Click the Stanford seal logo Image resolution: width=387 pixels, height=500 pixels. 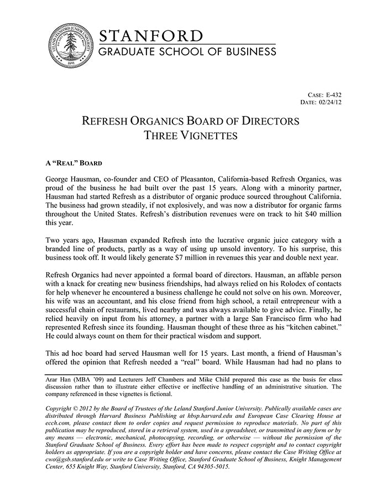(69, 46)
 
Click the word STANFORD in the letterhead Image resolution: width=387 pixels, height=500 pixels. (151, 36)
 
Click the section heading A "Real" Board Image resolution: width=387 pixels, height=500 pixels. (72, 164)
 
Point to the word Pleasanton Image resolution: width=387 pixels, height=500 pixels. (196, 180)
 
